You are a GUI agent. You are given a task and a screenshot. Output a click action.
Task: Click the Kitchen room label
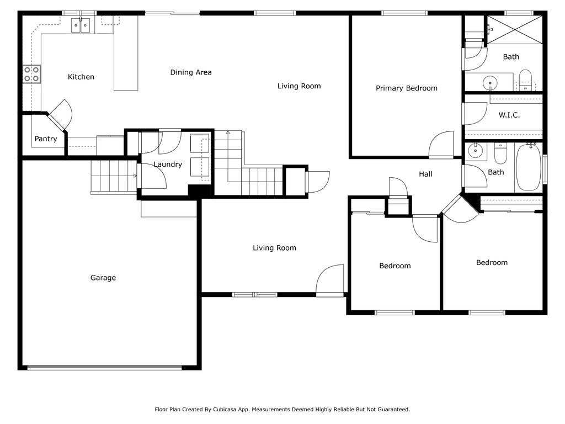pos(81,77)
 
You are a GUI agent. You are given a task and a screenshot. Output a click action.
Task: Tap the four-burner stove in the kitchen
pos(31,74)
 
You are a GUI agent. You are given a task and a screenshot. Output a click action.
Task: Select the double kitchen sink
pos(81,25)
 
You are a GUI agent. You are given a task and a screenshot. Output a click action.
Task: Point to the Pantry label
pos(46,139)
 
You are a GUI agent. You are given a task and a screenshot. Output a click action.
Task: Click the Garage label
pos(103,278)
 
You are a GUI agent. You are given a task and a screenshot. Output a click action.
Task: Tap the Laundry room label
pos(168,165)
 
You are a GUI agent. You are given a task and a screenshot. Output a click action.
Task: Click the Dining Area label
pos(191,72)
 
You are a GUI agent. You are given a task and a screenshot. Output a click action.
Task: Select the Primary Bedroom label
pos(407,88)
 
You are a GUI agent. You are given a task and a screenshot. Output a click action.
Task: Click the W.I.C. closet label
pos(509,115)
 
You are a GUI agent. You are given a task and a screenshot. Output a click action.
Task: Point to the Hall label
pos(425,174)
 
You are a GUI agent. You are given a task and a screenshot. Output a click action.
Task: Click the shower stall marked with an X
pos(515,30)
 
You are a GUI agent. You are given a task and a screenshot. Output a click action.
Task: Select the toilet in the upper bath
pos(526,79)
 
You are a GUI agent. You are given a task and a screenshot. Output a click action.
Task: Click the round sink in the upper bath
pos(490,83)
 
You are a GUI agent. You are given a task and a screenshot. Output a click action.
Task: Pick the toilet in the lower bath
pos(500,153)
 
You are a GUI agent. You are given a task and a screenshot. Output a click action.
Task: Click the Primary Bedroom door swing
pos(441,145)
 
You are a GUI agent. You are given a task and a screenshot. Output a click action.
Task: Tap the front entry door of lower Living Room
pos(330,280)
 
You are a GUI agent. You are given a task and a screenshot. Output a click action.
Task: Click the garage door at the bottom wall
pos(104,368)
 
